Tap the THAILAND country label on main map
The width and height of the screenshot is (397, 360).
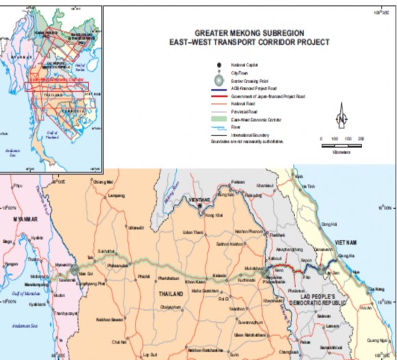(x=171, y=294)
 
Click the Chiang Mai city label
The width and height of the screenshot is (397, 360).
(x=101, y=182)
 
